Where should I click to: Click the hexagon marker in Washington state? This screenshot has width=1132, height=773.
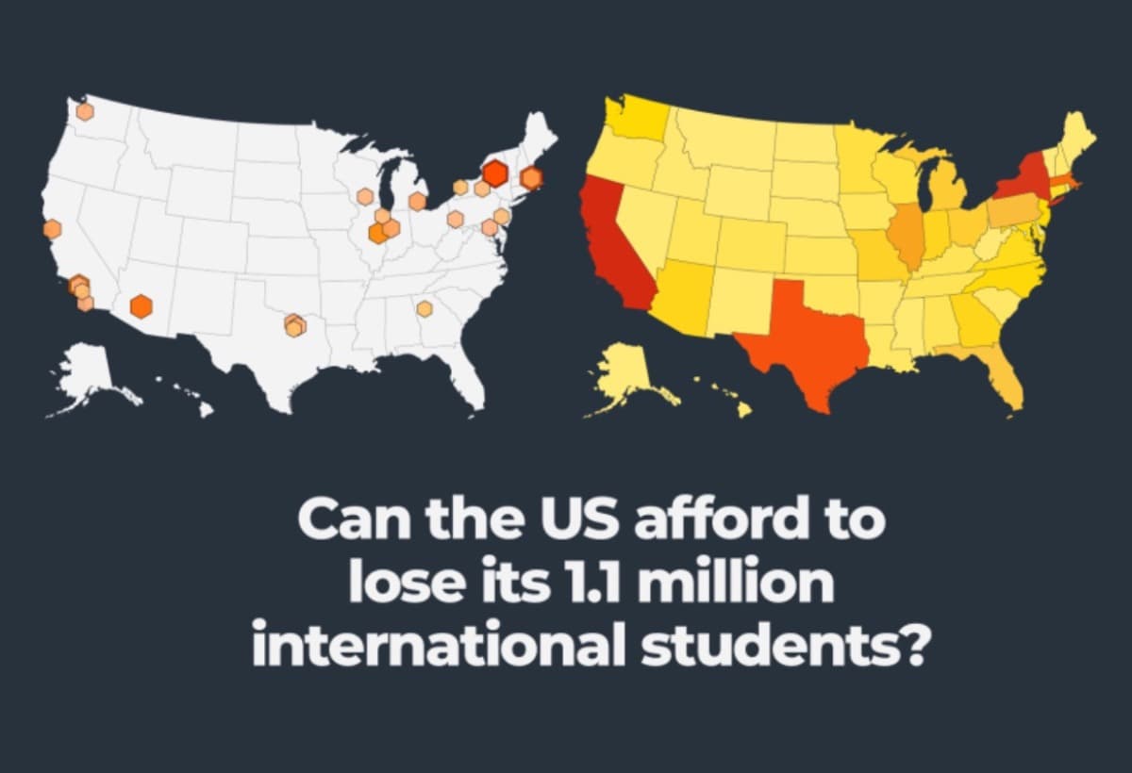[x=85, y=111]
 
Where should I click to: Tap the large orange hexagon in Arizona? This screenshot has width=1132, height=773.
[x=141, y=305]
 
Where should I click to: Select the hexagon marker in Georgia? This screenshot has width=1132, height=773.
[x=424, y=308]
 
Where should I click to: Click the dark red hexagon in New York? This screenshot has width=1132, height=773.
[x=494, y=173]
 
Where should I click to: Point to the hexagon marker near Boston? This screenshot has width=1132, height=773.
[x=532, y=177]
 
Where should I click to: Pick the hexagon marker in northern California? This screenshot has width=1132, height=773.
[x=52, y=229]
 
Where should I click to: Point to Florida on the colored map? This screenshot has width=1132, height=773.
[x=1005, y=377]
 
